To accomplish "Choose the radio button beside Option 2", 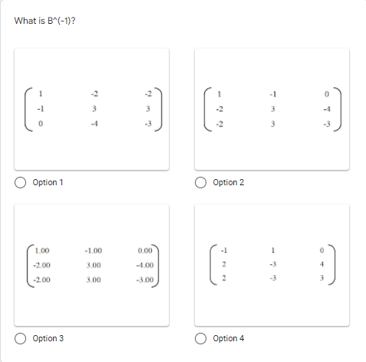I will coord(203,183).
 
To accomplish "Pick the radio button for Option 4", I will coord(203,338).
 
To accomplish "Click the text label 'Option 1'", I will coord(48,183).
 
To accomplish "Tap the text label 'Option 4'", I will coord(229,338).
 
